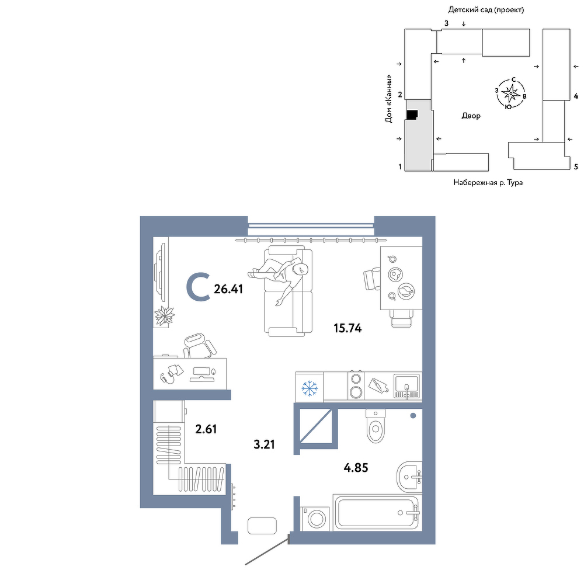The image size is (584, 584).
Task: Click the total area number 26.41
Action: pos(228,288)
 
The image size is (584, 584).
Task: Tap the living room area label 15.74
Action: pos(347,328)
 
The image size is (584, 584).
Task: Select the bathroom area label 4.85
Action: pos(356,467)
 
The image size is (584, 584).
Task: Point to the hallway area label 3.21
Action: pos(264,444)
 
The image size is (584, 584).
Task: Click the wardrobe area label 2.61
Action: pos(206,429)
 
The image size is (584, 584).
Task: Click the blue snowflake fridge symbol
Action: pos(310,388)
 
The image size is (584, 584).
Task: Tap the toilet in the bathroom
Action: pos(376,426)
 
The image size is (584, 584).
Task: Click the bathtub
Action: pos(377,513)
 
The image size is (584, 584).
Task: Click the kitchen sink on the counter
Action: pos(406,387)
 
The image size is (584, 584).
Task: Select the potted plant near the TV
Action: pos(164,315)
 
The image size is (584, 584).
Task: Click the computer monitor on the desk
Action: pos(202,374)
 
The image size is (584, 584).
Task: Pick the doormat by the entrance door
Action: pos(262,526)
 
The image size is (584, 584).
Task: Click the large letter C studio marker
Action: pos(198,286)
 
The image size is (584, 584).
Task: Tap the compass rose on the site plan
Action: pos(510,93)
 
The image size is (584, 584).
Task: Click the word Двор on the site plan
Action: pos(471,116)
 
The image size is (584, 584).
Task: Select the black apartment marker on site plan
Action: pos(412,115)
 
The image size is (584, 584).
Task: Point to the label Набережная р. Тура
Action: pos(488,182)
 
